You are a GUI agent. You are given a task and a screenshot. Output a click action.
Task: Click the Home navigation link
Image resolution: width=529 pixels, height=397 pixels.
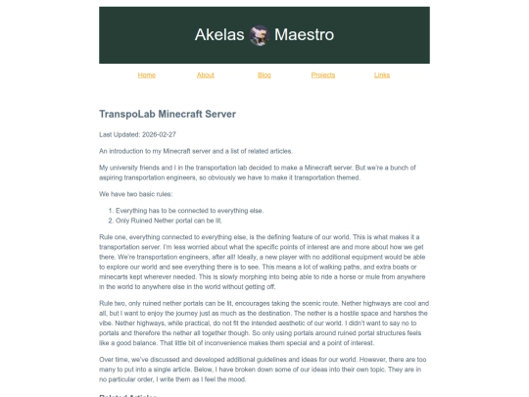click(x=146, y=74)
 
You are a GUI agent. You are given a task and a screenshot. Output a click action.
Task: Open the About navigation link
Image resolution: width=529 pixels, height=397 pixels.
click(x=205, y=74)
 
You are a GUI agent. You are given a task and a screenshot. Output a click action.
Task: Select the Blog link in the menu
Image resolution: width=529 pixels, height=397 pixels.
click(x=264, y=74)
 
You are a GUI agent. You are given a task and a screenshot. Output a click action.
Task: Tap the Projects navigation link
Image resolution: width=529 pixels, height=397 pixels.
click(x=322, y=74)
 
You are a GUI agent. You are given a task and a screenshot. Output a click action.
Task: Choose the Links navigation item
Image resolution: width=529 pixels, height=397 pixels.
click(x=382, y=74)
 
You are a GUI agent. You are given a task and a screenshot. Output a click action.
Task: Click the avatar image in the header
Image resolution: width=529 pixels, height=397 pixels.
click(x=260, y=35)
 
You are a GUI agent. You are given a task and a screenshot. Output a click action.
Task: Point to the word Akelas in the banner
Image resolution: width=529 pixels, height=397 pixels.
click(x=219, y=35)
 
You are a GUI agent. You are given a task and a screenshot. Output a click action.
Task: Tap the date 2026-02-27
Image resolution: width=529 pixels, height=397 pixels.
click(x=158, y=134)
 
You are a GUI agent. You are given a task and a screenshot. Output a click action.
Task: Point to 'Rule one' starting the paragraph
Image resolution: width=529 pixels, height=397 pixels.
click(x=112, y=237)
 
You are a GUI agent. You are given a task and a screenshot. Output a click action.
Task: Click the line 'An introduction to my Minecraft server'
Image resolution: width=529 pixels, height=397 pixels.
click(x=196, y=151)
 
